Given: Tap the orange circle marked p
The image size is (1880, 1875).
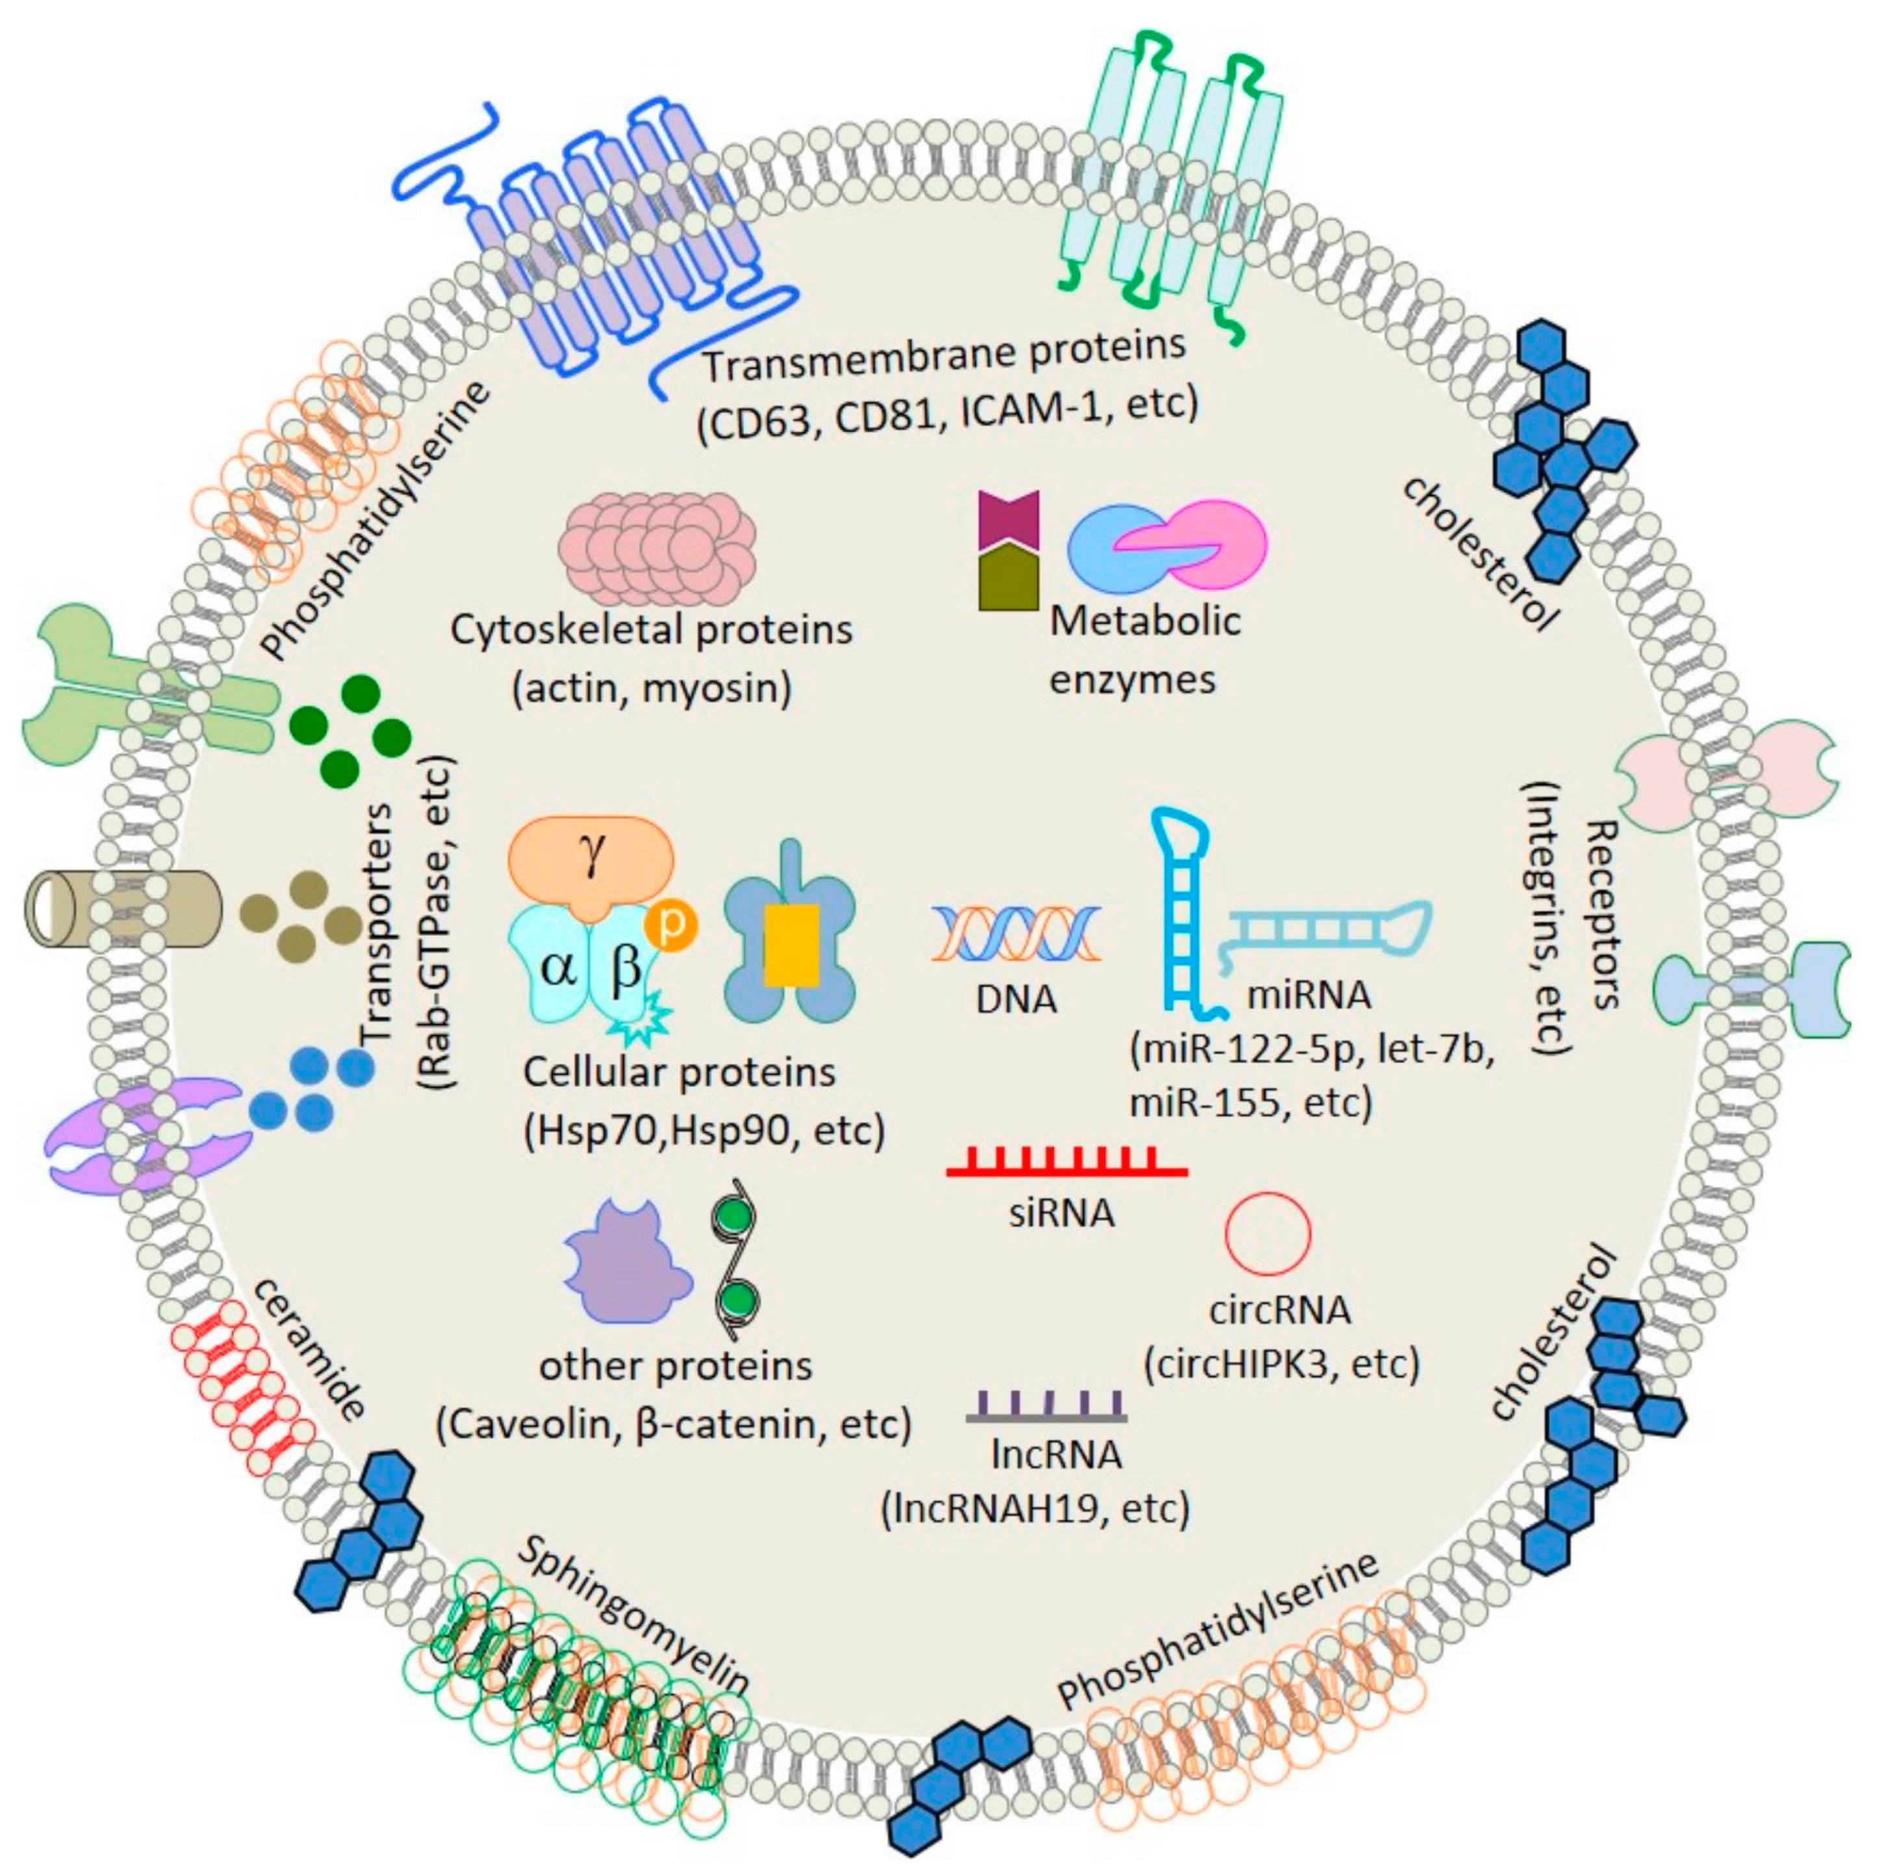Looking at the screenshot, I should click(x=672, y=924).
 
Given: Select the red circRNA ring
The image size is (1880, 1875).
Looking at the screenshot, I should click(x=1267, y=1233).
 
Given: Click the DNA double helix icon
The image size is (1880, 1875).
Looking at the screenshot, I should click(x=1016, y=933).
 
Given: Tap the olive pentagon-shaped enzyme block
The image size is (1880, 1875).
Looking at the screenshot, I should click(x=1009, y=578).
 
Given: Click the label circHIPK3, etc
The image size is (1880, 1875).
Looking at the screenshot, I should click(x=1282, y=1364).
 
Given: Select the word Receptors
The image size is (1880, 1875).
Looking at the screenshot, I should click(x=1600, y=914).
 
